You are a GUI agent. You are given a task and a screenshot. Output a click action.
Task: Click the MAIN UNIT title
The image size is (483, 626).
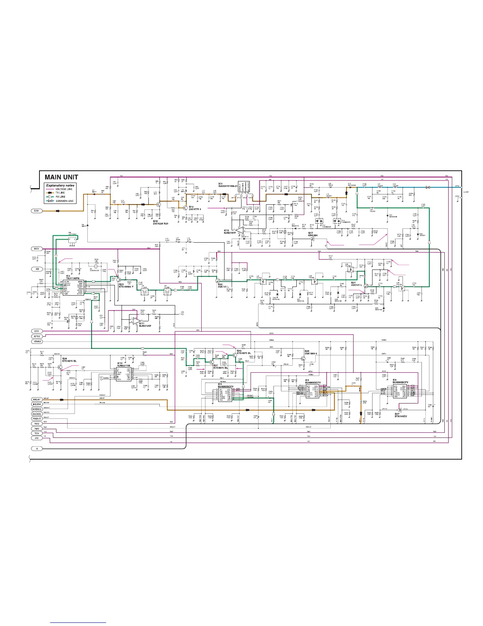[x=61, y=177]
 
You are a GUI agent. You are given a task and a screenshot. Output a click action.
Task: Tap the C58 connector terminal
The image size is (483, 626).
[x=36, y=211]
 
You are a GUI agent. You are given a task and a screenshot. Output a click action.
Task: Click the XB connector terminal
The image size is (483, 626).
[x=36, y=269]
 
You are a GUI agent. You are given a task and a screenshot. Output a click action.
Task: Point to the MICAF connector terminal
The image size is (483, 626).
[x=37, y=400]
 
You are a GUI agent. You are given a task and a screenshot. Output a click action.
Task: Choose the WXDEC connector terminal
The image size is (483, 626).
[x=37, y=409]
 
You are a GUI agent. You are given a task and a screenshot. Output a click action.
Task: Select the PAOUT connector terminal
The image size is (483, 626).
[x=37, y=419]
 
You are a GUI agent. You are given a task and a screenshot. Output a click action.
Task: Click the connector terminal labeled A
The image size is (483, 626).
[x=37, y=449]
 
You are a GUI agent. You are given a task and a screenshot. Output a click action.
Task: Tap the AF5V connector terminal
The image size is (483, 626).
[x=37, y=336]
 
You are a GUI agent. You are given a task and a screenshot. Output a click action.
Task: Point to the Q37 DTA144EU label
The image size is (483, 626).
[x=401, y=415]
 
